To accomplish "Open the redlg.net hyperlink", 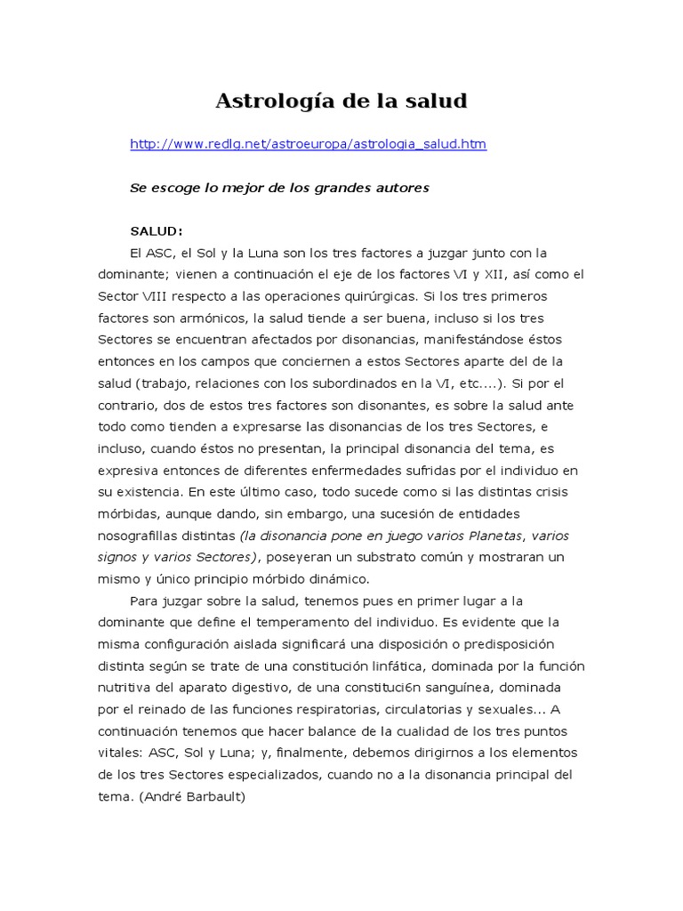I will pyautogui.click(x=308, y=144).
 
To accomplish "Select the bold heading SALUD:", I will pyautogui.click(x=157, y=231).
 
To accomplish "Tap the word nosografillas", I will pyautogui.click(x=143, y=536).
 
